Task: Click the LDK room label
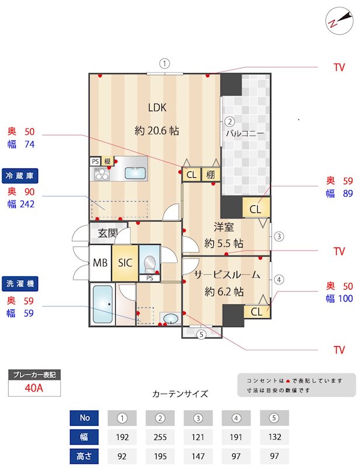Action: coord(157,108)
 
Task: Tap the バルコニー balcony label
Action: coord(245,133)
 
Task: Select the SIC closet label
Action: coord(125,263)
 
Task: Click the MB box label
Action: coord(100,263)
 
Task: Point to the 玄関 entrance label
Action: coord(107,233)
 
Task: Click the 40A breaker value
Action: coord(34,387)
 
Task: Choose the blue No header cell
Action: coord(85,418)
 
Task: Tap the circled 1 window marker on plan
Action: coord(165,64)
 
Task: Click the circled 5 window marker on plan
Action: coord(201,335)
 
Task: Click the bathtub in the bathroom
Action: coord(103,304)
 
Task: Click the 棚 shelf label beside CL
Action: coord(210,174)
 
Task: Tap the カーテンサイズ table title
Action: coord(179,394)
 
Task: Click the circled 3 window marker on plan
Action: coord(279,236)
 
